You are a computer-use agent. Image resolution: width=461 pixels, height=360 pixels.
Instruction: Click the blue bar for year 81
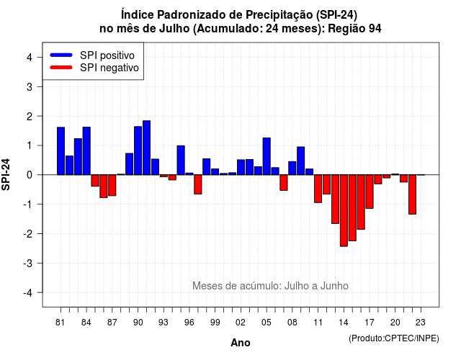pos(61,151)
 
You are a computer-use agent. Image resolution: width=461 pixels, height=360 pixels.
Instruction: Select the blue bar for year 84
pos(86,151)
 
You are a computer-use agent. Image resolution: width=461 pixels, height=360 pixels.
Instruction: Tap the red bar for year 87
pos(112,185)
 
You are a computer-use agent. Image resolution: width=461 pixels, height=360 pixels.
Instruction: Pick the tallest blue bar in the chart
pos(147,148)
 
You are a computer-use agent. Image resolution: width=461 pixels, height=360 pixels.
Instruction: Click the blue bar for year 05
pos(267,156)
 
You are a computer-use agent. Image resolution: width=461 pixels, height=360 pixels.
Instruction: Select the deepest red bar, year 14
pos(344,210)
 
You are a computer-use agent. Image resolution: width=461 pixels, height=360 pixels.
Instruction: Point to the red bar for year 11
pos(318,189)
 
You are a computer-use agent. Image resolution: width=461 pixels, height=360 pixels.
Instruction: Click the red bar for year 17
pos(370,192)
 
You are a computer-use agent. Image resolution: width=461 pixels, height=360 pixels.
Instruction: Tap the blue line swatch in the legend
pos(61,55)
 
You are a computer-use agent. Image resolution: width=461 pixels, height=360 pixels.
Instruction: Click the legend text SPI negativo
pos(109,68)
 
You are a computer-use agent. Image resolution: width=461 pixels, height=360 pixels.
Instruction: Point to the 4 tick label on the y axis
pos(30,58)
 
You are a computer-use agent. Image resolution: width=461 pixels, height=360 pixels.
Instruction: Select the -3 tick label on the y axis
pos(27,263)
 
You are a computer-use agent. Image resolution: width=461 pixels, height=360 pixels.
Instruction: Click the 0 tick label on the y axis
pos(30,175)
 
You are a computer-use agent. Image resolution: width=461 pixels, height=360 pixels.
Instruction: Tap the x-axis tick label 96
pos(189,323)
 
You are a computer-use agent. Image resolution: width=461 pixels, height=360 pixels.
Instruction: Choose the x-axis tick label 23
pos(421,323)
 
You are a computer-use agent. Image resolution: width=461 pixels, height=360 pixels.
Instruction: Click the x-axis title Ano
pos(241,343)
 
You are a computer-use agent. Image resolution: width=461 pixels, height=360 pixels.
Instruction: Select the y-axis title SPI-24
pos(6,174)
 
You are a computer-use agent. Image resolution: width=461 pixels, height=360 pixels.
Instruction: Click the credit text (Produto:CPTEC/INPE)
pos(394,338)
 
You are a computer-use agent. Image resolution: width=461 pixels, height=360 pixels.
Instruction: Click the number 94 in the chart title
pos(375,29)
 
